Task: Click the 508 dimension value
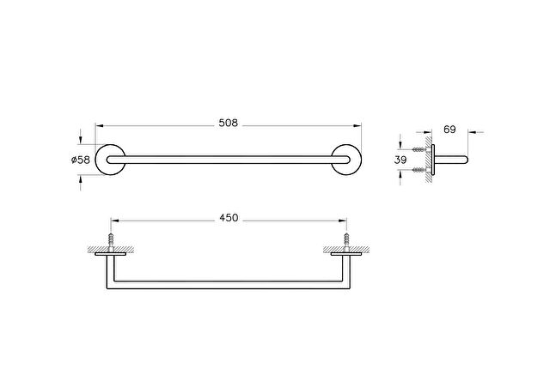click(x=228, y=123)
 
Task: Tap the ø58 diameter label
click(x=80, y=160)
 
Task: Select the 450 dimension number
click(x=229, y=218)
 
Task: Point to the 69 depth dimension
click(x=449, y=130)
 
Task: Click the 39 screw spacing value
click(x=400, y=160)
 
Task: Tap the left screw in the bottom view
click(x=111, y=241)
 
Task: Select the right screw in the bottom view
click(x=346, y=241)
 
